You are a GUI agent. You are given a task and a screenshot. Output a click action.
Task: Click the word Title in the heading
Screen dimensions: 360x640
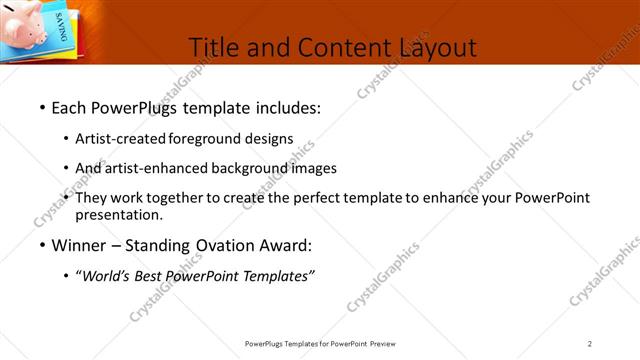[213, 47]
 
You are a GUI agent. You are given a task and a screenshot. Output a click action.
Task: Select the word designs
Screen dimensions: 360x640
[271, 139]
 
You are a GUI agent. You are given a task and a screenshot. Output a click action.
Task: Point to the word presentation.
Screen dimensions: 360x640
[119, 214]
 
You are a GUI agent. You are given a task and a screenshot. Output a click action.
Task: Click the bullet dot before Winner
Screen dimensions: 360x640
[41, 246]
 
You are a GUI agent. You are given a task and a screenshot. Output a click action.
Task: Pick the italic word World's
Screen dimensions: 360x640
[105, 276]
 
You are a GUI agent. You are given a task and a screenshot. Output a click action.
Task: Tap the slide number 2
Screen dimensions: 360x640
[590, 344]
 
